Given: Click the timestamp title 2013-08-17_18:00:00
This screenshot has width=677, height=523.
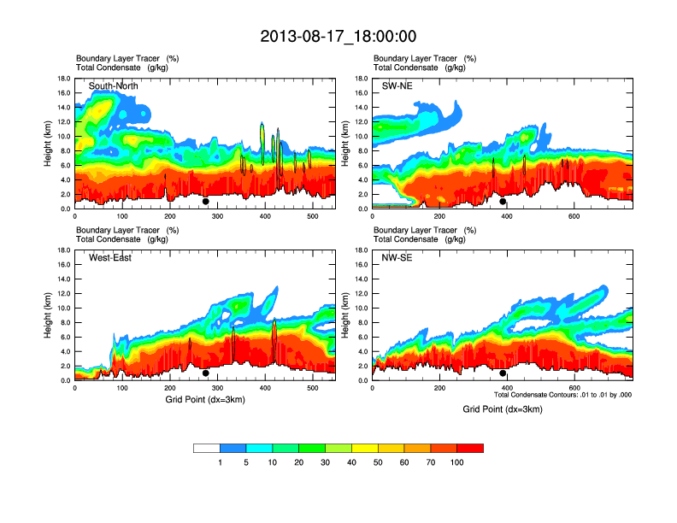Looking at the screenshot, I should [x=338, y=36].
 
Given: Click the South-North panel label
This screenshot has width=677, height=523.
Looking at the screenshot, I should [x=114, y=86].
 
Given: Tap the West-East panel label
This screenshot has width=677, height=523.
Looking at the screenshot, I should [x=110, y=258].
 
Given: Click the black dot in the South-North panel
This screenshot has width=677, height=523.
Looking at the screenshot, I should [x=206, y=202].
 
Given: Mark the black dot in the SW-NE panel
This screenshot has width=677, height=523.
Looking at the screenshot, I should [x=503, y=202].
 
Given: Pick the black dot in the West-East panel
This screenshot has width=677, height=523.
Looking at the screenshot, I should [x=206, y=373].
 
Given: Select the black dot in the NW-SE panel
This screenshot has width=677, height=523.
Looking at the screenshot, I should [x=503, y=373].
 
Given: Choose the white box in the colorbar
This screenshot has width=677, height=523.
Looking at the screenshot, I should [x=206, y=448].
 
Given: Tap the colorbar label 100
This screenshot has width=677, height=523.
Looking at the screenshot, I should [x=457, y=462].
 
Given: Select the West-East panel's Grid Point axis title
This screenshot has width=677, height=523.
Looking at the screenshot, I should [x=204, y=399].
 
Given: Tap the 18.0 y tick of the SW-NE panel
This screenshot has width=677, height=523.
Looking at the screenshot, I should [x=362, y=79].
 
